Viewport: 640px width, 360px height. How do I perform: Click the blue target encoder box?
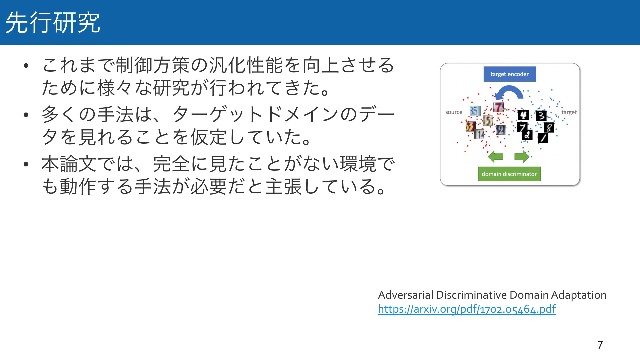coord(510,74)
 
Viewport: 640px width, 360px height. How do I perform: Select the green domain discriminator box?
coord(509,174)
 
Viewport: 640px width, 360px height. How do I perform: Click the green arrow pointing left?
coord(495,156)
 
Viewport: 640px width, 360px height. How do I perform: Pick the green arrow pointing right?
coord(522,156)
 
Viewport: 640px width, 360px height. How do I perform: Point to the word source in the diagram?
coord(454,112)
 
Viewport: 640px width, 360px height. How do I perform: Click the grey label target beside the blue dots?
coord(569,112)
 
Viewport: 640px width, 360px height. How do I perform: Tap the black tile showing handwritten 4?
coord(523,115)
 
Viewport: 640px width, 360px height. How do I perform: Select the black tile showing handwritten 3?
coord(541,116)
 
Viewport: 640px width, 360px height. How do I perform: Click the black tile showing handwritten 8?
coord(549,127)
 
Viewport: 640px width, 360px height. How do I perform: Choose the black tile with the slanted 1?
coord(543,138)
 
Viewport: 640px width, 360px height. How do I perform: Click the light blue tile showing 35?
coord(475,111)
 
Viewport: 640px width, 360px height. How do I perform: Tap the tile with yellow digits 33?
coord(470,126)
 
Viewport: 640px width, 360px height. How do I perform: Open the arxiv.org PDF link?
coord(467,309)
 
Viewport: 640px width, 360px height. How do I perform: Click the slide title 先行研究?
coord(53,22)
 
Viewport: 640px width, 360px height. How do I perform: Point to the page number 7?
coord(600,345)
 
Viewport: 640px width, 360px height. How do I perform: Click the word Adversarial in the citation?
coord(406,295)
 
